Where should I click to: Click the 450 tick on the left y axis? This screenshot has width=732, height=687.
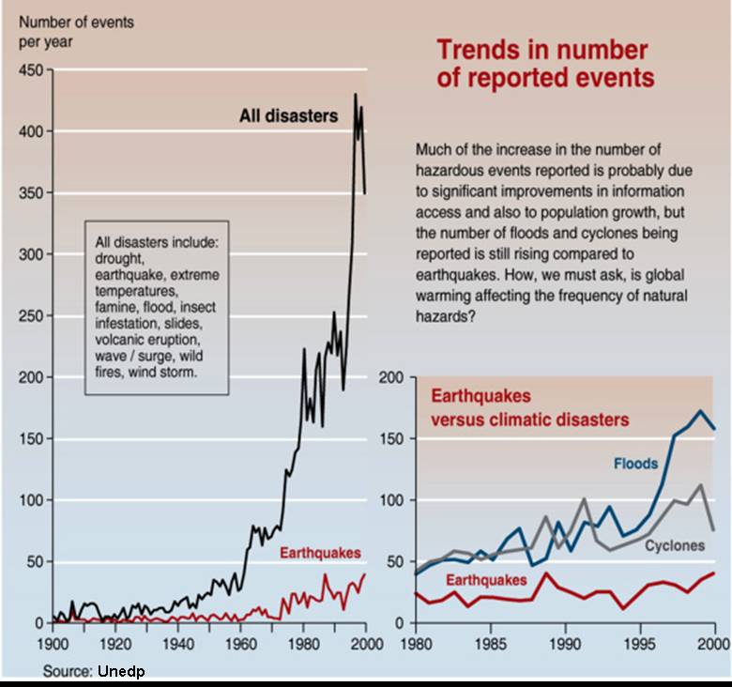pyautogui.click(x=31, y=70)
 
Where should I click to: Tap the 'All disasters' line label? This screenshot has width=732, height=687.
pyautogui.click(x=288, y=115)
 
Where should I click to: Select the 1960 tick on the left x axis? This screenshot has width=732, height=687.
pyautogui.click(x=241, y=644)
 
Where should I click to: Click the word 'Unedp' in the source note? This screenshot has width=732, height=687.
pyautogui.click(x=121, y=671)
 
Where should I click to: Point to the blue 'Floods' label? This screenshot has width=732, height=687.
pyautogui.click(x=636, y=464)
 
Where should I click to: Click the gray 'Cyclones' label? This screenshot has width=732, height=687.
pyautogui.click(x=675, y=545)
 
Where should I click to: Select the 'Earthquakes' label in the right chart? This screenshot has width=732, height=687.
pyautogui.click(x=486, y=580)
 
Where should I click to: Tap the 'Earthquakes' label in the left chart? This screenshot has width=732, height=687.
pyautogui.click(x=320, y=553)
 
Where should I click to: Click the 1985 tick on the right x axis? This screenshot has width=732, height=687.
pyautogui.click(x=491, y=644)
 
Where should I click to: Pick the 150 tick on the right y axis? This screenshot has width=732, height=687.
pyautogui.click(x=391, y=438)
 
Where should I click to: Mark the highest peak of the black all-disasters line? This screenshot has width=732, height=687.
pyautogui.click(x=356, y=94)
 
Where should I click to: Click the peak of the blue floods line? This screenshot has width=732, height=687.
pyautogui.click(x=700, y=411)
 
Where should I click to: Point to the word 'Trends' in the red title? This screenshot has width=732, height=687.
pyautogui.click(x=479, y=50)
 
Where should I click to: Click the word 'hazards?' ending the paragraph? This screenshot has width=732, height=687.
pyautogui.click(x=446, y=316)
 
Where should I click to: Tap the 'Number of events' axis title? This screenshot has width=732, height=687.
pyautogui.click(x=76, y=22)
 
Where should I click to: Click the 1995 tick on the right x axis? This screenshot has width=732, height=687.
pyautogui.click(x=640, y=644)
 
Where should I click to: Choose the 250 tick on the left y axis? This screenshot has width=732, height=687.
pyautogui.click(x=31, y=316)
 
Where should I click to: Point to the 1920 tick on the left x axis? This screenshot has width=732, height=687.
pyautogui.click(x=115, y=644)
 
